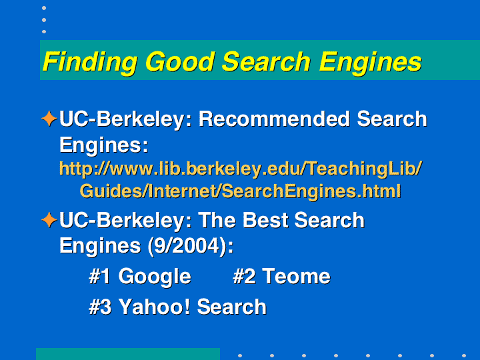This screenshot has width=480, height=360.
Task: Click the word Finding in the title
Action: point(90,62)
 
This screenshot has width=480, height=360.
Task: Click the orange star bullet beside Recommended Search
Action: point(49,119)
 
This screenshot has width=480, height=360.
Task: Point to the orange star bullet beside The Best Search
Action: point(49,220)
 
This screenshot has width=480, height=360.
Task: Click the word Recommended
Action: point(274,119)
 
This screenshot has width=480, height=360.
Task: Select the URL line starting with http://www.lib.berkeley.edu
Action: point(241,169)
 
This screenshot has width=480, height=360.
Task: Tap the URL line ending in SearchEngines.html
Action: point(240,191)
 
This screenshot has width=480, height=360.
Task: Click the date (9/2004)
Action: point(191,246)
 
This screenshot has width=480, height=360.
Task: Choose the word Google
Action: point(155,277)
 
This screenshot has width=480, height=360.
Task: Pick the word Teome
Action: point(296,277)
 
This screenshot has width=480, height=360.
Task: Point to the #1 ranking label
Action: point(99,277)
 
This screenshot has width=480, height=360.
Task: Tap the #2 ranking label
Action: point(244,277)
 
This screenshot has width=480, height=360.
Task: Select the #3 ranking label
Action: point(100,307)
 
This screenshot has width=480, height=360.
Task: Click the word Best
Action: point(265,220)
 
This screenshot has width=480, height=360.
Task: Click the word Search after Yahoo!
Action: point(232,307)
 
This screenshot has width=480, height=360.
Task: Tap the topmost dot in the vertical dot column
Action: point(44,8)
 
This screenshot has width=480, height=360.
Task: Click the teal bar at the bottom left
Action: point(128,354)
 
